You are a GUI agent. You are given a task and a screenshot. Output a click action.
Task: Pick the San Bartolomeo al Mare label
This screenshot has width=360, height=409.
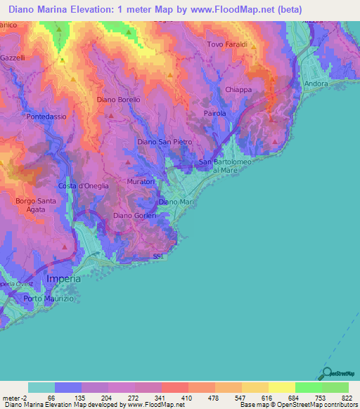tap(226, 166)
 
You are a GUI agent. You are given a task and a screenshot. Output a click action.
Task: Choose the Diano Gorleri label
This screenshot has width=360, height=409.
tap(134, 216)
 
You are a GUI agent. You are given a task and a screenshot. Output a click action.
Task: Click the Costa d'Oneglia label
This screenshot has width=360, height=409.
tap(83, 186)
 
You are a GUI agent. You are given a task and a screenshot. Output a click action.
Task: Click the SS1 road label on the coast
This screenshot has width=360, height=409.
tap(158, 257)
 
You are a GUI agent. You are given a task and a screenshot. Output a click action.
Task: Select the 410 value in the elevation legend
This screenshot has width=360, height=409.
tap(174, 398)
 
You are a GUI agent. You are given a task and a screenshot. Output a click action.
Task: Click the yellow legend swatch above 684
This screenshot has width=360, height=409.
tap(282, 387)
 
